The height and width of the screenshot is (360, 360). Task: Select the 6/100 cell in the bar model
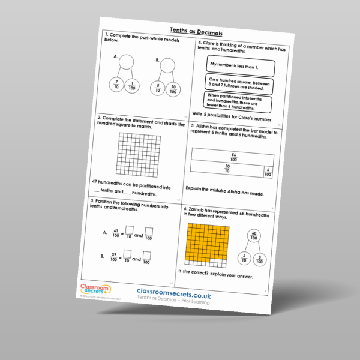pyautogui.click(x=268, y=173)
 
